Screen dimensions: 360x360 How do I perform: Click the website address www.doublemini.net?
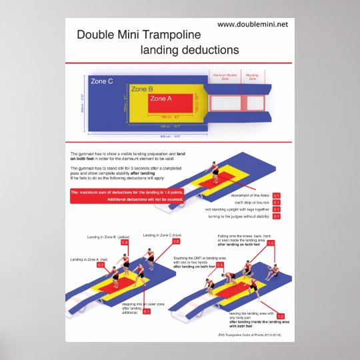coord(253,24)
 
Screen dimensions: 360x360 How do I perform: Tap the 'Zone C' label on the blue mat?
coord(101,81)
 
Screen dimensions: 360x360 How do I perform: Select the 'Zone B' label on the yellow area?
coord(142,89)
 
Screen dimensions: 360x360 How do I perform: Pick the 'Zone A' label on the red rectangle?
coord(162,99)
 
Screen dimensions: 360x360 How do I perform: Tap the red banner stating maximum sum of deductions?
coord(134,195)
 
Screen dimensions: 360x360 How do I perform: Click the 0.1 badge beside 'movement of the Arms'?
coord(277,195)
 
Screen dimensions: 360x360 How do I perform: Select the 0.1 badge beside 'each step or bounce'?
coord(277,203)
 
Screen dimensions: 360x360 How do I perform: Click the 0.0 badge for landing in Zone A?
coord(101,265)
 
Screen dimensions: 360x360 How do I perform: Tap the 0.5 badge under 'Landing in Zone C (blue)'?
coord(176,241)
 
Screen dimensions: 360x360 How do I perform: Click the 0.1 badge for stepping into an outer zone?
coord(147,311)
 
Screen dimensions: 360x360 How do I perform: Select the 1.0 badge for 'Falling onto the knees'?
coord(271,243)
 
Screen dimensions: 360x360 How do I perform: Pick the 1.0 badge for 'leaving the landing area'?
coord(280,316)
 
